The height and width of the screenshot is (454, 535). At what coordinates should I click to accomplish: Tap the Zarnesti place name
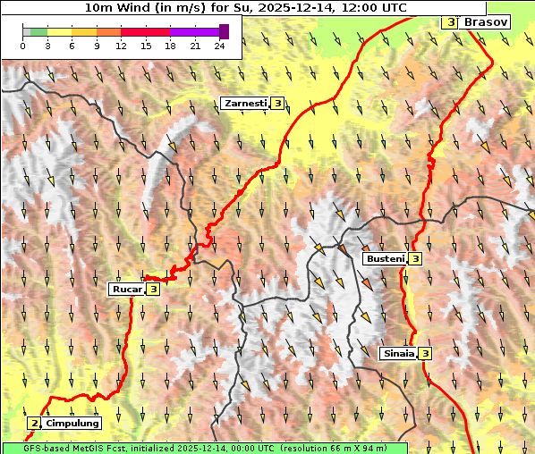(x=244, y=104)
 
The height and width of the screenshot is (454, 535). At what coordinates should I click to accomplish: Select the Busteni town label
(x=385, y=258)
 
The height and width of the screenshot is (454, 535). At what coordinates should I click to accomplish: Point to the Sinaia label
(x=398, y=353)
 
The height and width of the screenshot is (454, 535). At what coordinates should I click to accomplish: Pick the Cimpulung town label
(x=72, y=423)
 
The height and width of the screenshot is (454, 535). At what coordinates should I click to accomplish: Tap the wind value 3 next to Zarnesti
(x=278, y=104)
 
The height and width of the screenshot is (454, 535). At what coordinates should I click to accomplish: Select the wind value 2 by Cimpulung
(x=34, y=423)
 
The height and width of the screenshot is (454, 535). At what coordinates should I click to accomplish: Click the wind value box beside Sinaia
(x=426, y=353)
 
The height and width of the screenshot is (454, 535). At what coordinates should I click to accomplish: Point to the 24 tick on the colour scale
(x=220, y=46)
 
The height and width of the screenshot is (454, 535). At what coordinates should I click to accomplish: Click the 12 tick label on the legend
(x=121, y=46)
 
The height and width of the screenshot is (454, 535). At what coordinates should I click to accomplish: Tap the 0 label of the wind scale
(x=23, y=46)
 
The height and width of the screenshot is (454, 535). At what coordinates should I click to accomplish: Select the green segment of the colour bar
(x=38, y=31)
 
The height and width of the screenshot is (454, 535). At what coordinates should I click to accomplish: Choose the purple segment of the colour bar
(x=194, y=31)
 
